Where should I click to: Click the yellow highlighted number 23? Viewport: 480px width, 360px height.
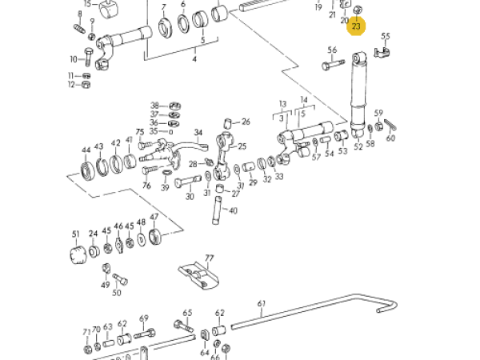357,27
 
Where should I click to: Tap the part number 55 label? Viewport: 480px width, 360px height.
386,36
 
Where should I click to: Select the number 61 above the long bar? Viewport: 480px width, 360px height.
262,303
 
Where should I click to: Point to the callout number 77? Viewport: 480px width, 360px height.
210,258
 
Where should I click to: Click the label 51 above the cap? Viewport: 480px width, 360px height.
76,234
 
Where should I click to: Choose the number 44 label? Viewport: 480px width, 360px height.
86,149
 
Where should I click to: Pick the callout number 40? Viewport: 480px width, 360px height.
234,210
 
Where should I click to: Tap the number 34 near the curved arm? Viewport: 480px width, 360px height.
198,133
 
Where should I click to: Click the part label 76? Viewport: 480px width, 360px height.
146,186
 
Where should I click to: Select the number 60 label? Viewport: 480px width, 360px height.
390,138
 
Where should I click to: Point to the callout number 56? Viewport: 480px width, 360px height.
332,50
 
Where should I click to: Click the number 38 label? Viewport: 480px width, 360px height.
154,105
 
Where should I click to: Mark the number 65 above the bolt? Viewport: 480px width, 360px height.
188,313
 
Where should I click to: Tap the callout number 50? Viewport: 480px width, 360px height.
117,294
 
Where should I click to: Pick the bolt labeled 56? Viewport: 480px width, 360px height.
332,65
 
